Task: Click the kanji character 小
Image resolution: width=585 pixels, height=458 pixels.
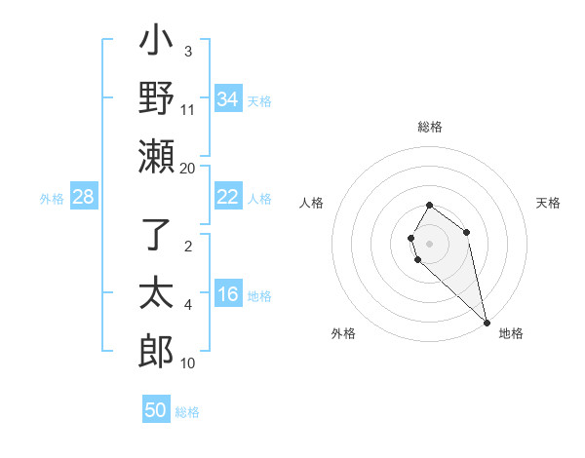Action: pyautogui.click(x=156, y=42)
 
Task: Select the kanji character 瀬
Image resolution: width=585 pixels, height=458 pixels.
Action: pyautogui.click(x=156, y=157)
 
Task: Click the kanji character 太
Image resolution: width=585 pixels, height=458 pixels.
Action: pyautogui.click(x=156, y=293)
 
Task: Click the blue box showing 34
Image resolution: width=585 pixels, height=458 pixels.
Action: pyautogui.click(x=227, y=99)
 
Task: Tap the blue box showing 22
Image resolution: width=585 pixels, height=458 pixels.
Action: pyautogui.click(x=227, y=197)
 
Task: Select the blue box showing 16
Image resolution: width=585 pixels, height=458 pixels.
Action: pyautogui.click(x=227, y=295)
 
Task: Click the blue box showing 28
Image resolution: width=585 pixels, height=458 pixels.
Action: pyautogui.click(x=83, y=198)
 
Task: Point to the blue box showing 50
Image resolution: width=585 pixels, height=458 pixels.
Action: pyautogui.click(x=155, y=410)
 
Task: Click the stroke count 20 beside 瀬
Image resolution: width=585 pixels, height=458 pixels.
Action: pyautogui.click(x=188, y=168)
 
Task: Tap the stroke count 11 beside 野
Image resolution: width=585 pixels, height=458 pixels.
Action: pyautogui.click(x=188, y=109)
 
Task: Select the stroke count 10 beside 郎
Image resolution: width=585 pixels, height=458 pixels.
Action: pyautogui.click(x=188, y=363)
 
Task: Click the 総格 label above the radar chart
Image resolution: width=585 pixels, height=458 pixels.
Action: pyautogui.click(x=429, y=127)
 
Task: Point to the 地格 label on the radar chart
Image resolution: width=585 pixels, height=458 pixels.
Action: pyautogui.click(x=511, y=333)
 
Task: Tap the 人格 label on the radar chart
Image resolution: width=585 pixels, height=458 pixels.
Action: pyautogui.click(x=312, y=203)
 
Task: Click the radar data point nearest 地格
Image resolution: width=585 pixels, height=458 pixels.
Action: pyautogui.click(x=487, y=322)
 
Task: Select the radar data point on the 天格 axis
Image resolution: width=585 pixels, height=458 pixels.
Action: pyautogui.click(x=467, y=232)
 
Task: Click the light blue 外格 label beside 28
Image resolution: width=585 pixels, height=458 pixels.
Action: pyautogui.click(x=52, y=199)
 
